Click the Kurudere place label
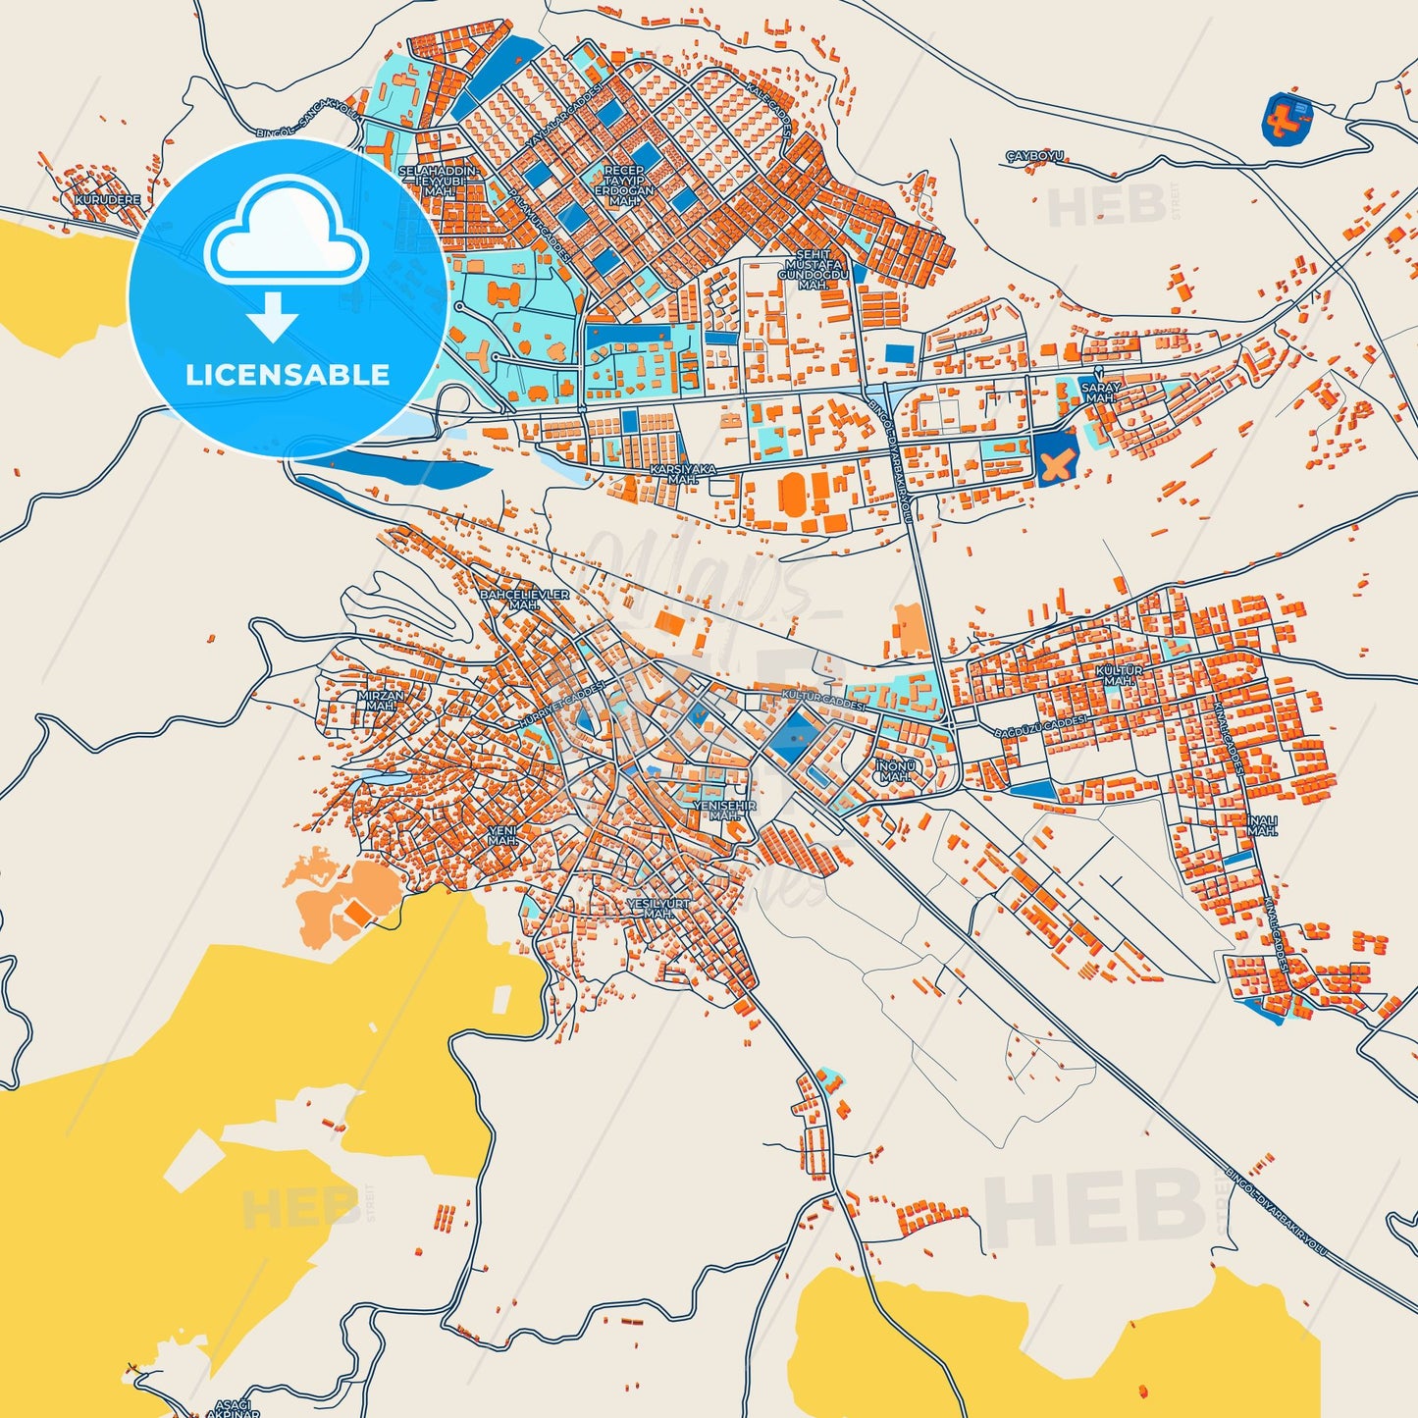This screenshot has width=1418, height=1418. (107, 199)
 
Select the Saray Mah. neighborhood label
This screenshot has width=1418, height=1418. (1101, 393)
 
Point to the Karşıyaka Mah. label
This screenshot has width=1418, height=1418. (683, 475)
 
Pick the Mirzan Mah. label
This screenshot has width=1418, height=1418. (381, 701)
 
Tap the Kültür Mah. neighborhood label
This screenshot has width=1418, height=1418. (1119, 675)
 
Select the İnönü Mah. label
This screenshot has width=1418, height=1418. (894, 770)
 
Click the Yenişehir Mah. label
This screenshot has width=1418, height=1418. (725, 811)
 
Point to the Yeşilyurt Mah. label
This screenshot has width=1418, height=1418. (657, 908)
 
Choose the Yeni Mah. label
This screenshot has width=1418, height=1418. (502, 835)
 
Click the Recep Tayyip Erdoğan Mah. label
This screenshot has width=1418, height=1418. (623, 185)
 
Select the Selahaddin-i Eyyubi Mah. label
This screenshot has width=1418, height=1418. (438, 181)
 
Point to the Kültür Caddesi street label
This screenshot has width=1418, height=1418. (823, 700)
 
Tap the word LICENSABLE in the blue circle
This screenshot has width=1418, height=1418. (288, 374)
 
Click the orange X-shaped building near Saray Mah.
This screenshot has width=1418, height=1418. (1056, 466)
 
